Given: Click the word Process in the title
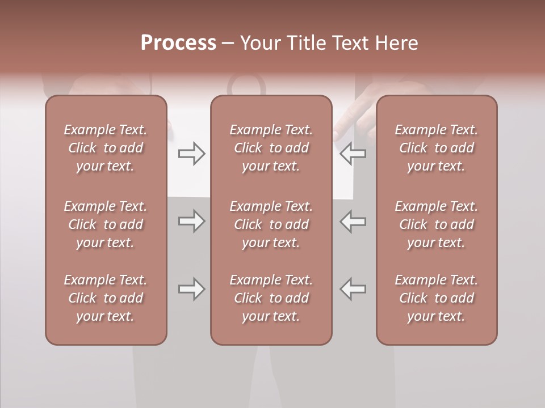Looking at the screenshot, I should point(178,43).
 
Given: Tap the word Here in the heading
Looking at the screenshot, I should point(397,43).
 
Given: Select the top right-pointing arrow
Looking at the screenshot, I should point(191,153).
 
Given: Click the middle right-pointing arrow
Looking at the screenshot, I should point(191,221).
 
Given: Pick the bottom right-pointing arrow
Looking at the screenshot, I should point(191,289).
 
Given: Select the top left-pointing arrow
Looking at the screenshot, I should point(353,153).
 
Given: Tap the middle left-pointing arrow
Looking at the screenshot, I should point(353,221).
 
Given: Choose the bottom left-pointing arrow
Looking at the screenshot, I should point(353,289).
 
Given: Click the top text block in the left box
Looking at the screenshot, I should point(106,148).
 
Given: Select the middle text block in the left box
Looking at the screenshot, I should point(106,224).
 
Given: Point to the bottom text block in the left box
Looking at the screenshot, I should point(106,298).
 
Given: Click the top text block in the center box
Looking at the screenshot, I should point(271,148).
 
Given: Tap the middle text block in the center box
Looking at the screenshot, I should point(271,224).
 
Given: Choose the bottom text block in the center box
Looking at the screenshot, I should point(271,298).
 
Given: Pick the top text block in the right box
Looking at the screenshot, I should point(437,148).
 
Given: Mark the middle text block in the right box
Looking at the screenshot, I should point(437,224).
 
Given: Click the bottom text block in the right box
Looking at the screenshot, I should point(437,298).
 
